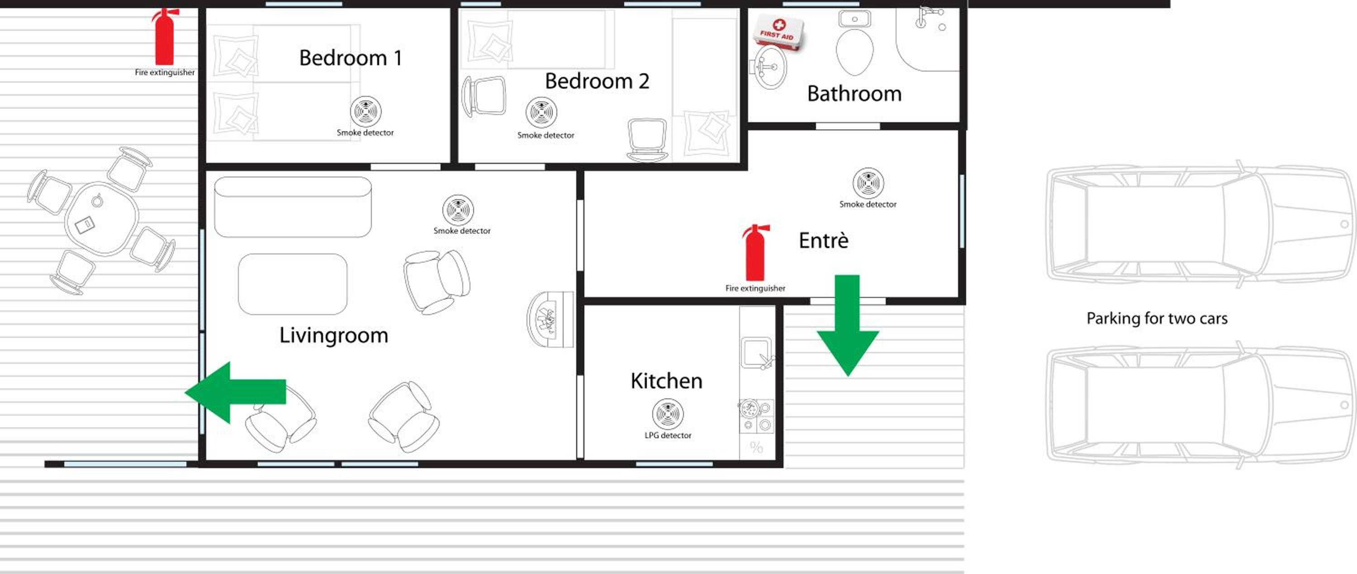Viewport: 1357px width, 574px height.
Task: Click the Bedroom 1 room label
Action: [x=350, y=57]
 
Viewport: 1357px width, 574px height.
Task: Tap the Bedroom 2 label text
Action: [x=597, y=81]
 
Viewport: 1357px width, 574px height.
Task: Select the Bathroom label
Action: [x=854, y=93]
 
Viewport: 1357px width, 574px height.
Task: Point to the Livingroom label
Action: [x=333, y=336]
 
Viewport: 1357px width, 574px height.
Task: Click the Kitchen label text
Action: [x=666, y=381]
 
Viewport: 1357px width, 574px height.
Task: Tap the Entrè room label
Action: [x=823, y=240]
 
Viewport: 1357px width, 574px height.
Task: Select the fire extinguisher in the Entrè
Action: [x=755, y=253]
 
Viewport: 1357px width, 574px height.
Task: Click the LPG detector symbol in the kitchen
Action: [x=668, y=414]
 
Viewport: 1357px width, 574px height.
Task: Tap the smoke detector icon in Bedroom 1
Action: [x=365, y=111]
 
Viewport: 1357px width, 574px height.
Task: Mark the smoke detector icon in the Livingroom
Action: [x=458, y=210]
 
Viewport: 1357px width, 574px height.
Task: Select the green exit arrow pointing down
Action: [x=847, y=325]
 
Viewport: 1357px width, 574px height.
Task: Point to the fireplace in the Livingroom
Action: [x=550, y=320]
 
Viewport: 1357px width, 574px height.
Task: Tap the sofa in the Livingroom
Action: [x=293, y=207]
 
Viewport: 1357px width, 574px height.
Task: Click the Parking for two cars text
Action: [x=1157, y=318]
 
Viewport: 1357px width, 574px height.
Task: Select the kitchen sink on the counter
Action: [x=756, y=352]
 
